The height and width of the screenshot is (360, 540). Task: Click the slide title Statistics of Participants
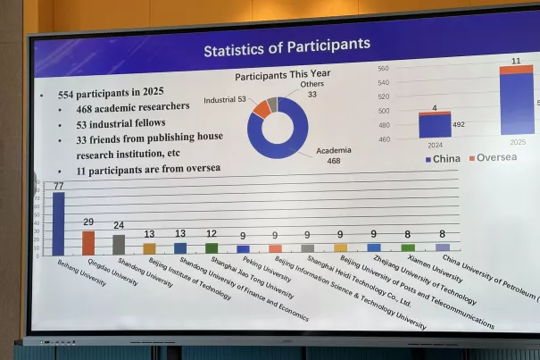coord(286,46)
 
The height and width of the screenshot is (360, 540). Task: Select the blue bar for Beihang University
coord(59,224)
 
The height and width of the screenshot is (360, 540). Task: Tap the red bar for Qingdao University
coord(87,243)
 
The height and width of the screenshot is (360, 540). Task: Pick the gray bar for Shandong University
coord(119,245)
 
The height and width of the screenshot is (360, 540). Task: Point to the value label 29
coord(87,222)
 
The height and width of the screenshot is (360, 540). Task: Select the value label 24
coord(119,225)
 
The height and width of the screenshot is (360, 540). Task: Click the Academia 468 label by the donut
coord(334,155)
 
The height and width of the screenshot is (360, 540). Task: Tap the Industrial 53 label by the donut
coord(226,99)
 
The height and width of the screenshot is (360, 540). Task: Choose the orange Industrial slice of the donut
coord(261,108)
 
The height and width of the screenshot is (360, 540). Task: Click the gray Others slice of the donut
coord(272,104)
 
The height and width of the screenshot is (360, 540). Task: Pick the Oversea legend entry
coord(493,158)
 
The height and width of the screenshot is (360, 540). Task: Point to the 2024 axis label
coord(434,143)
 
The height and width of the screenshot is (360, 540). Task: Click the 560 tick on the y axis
coord(383,68)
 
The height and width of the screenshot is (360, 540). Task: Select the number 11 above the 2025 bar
coord(516,61)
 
